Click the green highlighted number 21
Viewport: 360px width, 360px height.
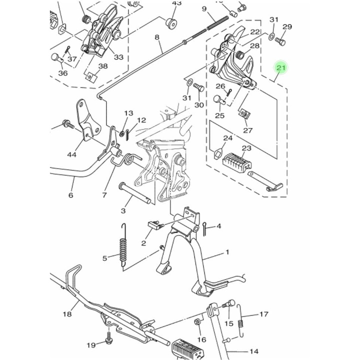tap(280, 67)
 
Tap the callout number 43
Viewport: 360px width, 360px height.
tap(176, 3)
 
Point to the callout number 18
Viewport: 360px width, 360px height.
tap(67, 314)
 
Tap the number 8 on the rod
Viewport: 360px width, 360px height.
tap(156, 37)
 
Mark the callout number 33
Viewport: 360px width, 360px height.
tap(118, 57)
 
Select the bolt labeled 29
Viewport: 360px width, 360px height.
tap(280, 41)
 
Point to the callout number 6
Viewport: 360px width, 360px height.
tap(70, 195)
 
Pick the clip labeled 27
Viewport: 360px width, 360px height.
tap(243, 114)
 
